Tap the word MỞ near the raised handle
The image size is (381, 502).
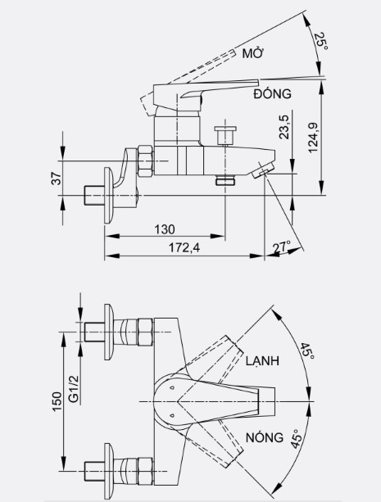(x=251, y=54)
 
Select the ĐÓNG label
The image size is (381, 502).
(x=274, y=95)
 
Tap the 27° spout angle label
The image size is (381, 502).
(x=282, y=246)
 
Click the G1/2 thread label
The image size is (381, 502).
(x=73, y=388)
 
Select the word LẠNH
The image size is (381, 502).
(x=260, y=361)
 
